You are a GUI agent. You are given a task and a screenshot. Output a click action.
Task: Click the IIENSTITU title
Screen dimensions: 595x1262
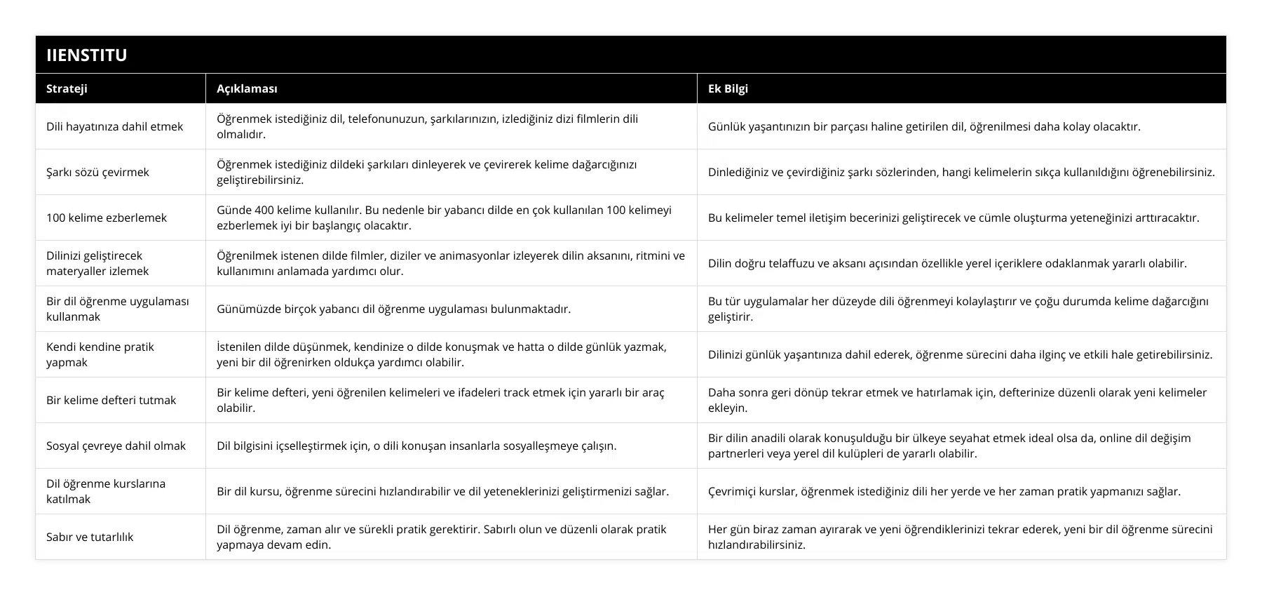click(x=86, y=55)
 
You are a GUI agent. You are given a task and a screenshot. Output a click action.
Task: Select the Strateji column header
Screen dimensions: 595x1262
click(x=67, y=88)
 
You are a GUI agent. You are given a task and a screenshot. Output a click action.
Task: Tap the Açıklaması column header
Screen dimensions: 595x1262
click(x=247, y=88)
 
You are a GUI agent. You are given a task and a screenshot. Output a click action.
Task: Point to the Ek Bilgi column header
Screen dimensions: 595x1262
click(x=728, y=88)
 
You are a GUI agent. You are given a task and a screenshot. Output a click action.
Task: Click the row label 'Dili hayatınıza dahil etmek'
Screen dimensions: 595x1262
click(x=114, y=126)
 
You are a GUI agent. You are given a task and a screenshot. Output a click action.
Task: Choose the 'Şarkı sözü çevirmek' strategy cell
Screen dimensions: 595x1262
click(x=97, y=172)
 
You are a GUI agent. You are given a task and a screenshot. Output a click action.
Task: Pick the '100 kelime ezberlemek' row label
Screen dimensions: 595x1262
click(x=107, y=218)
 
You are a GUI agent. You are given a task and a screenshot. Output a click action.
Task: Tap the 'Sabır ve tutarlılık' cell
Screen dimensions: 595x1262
click(x=90, y=537)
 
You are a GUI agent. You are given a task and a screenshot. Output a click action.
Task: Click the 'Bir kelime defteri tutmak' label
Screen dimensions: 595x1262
click(x=111, y=400)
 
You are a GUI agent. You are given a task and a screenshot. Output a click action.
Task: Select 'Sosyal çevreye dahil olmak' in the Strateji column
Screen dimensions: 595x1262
click(x=116, y=446)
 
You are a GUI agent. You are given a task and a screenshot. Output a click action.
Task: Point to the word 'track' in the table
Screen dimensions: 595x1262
click(x=518, y=392)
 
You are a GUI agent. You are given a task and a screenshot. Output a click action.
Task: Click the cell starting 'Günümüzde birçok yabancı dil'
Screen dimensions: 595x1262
click(x=393, y=309)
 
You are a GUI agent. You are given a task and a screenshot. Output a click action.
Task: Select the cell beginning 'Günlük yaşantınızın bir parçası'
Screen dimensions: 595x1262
click(x=924, y=126)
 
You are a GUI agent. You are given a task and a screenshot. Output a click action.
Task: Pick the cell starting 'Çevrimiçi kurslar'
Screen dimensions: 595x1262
click(x=944, y=491)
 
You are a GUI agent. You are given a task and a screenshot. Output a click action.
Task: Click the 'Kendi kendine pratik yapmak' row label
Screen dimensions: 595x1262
click(x=100, y=354)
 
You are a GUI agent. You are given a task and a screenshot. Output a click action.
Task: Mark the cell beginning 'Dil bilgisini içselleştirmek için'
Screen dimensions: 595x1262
click(x=416, y=446)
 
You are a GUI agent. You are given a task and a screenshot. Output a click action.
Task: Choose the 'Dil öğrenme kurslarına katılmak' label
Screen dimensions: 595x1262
click(x=106, y=491)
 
